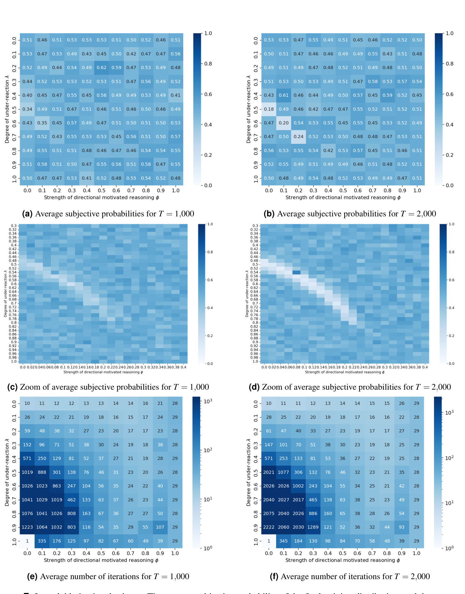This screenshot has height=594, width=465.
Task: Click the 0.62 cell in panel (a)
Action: [x=101, y=67]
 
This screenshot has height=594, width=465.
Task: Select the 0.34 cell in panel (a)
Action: [x=27, y=109]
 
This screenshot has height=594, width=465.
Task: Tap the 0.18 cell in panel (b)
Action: [x=269, y=109]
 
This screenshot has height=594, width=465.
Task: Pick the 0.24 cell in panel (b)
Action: [x=298, y=137]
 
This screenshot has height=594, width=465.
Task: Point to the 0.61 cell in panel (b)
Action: [x=284, y=95]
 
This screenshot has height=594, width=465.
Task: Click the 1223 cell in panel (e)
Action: [x=27, y=527]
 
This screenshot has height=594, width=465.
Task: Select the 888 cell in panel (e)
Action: [x=42, y=472]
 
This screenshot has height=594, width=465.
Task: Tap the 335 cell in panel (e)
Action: [x=42, y=541]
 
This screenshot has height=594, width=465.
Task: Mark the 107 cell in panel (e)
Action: [x=160, y=527]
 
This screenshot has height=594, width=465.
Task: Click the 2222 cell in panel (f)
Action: [x=269, y=527]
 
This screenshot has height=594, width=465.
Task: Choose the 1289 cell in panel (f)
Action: [x=313, y=527]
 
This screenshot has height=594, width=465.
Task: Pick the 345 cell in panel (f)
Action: [x=283, y=541]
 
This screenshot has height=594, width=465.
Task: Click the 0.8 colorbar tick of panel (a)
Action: [x=208, y=64]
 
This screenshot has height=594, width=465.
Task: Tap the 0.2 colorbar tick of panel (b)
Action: [x=449, y=155]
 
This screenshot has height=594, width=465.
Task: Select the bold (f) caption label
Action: [x=274, y=577]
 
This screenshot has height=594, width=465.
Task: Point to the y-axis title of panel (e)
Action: [x=7, y=472]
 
